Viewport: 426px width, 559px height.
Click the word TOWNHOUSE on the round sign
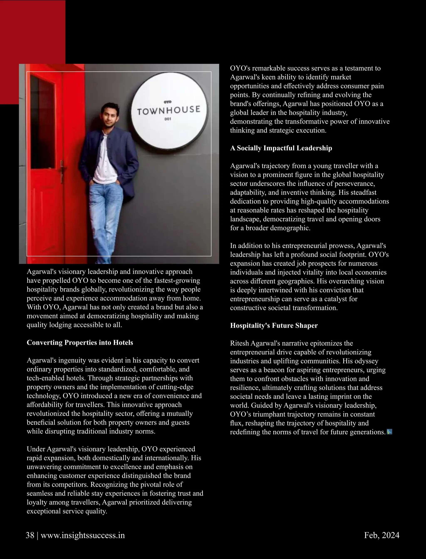click(x=169, y=110)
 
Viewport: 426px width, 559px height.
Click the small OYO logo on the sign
click(x=168, y=102)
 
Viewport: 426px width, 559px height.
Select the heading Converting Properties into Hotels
click(x=80, y=343)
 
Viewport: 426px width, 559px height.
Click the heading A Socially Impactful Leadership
click(x=281, y=148)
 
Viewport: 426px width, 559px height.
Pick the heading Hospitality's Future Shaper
click(x=274, y=325)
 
